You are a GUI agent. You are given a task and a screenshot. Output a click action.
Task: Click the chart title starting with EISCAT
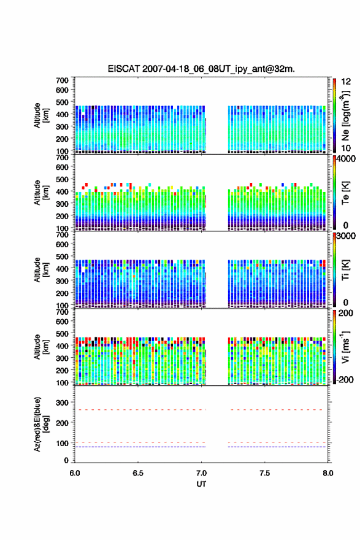[201, 69]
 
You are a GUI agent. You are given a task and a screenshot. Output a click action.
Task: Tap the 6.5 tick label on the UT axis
[138, 473]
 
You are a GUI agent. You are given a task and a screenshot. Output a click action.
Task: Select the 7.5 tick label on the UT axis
[265, 473]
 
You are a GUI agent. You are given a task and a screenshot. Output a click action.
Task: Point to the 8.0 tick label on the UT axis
[328, 473]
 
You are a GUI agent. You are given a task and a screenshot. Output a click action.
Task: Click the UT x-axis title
[201, 484]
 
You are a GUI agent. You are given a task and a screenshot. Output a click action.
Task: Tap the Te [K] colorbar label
[345, 193]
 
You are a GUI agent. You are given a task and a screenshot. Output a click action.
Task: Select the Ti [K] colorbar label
[345, 270]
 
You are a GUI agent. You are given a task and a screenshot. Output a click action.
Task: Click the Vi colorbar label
[345, 347]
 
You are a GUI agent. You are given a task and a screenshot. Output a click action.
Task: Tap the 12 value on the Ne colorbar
[346, 82]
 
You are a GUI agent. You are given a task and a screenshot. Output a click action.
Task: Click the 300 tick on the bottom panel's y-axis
[63, 403]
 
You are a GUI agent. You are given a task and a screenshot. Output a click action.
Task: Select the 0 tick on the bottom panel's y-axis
[66, 460]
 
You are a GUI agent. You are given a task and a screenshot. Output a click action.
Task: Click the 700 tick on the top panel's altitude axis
[63, 80]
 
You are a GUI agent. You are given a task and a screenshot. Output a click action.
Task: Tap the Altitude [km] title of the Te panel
[41, 193]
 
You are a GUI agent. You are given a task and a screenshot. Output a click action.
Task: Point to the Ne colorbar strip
[334, 115]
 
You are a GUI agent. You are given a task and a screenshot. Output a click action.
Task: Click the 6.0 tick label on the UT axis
[75, 473]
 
